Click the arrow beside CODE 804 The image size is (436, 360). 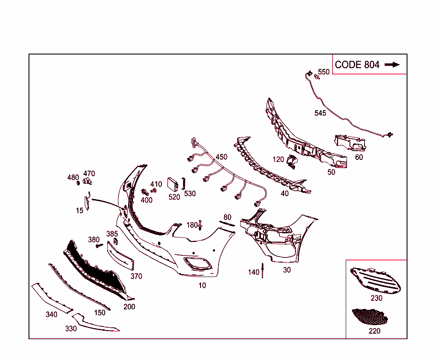[x=392, y=65]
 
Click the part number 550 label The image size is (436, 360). [x=324, y=72]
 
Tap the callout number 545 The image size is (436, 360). [x=320, y=113]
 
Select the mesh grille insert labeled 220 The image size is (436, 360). [x=370, y=317]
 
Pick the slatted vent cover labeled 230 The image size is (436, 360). [x=376, y=281]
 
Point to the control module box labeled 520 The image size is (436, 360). [x=172, y=184]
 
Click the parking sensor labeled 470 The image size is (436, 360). [x=87, y=181]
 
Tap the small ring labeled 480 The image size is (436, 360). [x=78, y=183]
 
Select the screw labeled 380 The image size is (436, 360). [x=99, y=246]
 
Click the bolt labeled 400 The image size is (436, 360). [x=145, y=192]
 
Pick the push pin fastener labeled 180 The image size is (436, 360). [x=200, y=225]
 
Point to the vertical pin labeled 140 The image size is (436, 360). [x=262, y=271]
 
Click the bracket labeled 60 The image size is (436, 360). [x=350, y=143]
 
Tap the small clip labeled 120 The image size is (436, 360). [x=292, y=162]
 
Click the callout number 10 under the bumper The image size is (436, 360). [x=202, y=286]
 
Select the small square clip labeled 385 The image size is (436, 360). [x=115, y=241]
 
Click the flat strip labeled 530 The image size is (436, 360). [x=183, y=183]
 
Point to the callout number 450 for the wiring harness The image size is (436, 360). [x=221, y=157]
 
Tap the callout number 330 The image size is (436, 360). [x=71, y=329]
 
